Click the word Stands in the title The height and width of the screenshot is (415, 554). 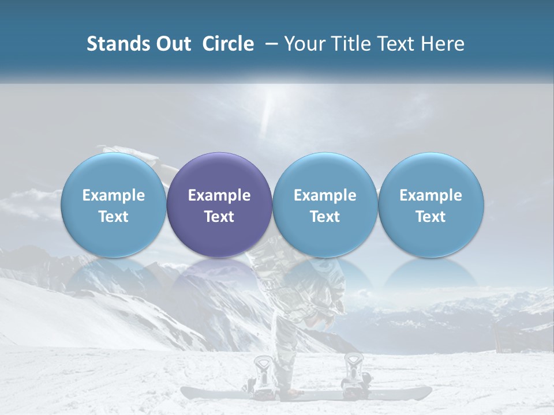[114, 44]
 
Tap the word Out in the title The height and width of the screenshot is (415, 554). [172, 44]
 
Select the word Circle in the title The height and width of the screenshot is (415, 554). [228, 44]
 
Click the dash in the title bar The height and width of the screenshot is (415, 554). [269, 44]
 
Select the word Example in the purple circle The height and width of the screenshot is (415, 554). [219, 195]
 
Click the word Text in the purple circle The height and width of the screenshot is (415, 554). [219, 217]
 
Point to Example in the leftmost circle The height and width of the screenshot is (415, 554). [114, 195]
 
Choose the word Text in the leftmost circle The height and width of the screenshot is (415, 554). [114, 217]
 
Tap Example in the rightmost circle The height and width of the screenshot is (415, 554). [431, 195]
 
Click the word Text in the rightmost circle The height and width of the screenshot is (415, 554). [431, 217]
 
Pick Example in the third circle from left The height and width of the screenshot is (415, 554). [325, 195]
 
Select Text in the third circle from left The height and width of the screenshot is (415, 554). [325, 217]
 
